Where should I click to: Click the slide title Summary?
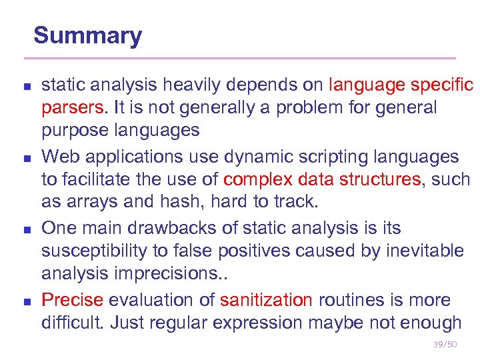point(87,35)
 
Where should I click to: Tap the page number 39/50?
point(444,344)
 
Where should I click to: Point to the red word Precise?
point(72,300)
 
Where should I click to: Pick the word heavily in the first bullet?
point(181,85)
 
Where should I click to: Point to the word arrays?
point(97,202)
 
